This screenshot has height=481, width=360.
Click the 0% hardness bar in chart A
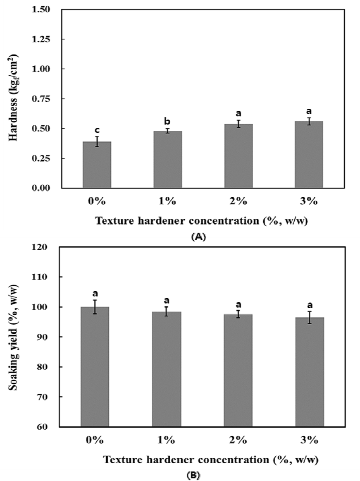(97, 165)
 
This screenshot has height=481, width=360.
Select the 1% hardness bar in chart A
(168, 160)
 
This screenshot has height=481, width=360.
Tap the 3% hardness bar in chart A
(309, 155)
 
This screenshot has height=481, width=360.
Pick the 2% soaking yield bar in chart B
(238, 370)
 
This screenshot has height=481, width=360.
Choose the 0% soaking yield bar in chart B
(95, 366)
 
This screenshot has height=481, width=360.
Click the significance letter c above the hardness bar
(97, 131)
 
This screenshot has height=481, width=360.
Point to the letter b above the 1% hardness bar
(167, 121)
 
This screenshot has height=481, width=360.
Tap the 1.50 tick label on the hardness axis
(41, 10)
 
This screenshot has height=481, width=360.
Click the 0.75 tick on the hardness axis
(41, 98)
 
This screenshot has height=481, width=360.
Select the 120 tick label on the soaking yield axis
(41, 247)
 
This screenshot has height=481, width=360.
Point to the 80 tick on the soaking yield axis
(43, 366)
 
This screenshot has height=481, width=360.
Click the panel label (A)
(198, 237)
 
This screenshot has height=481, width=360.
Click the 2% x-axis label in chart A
(238, 201)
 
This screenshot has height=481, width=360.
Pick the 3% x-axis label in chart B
(310, 440)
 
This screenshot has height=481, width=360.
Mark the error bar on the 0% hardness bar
(97, 142)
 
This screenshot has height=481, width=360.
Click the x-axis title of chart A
(201, 221)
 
